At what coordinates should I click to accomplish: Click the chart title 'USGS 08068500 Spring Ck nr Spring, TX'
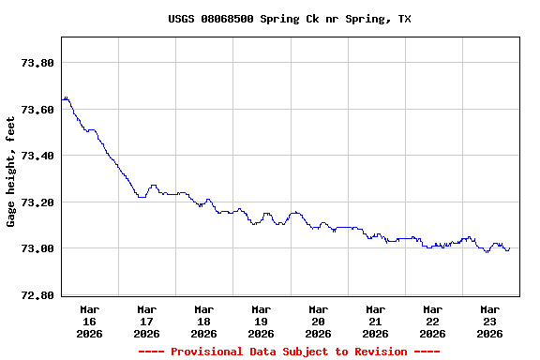pyautogui.click(x=290, y=19)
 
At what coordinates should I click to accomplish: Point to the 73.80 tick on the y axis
pyautogui.click(x=37, y=63)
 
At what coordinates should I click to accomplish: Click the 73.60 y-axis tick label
pyautogui.click(x=37, y=110)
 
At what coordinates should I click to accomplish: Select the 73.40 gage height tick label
pyautogui.click(x=37, y=156)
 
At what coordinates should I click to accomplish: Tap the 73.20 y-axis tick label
pyautogui.click(x=37, y=202)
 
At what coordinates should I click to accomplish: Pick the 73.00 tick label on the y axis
pyautogui.click(x=37, y=248)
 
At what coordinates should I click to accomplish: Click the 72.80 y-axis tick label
pyautogui.click(x=37, y=295)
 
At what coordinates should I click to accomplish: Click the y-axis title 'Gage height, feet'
pyautogui.click(x=11, y=172)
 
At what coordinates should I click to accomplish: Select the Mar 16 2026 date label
pyautogui.click(x=90, y=321)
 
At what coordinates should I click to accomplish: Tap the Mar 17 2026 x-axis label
pyautogui.click(x=147, y=321)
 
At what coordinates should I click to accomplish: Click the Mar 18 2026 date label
pyautogui.click(x=204, y=321)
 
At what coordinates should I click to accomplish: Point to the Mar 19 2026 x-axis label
pyautogui.click(x=262, y=321)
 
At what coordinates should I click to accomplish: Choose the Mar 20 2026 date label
pyautogui.click(x=319, y=321)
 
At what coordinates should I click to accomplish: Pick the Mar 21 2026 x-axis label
pyautogui.click(x=376, y=321)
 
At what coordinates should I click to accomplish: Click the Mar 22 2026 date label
pyautogui.click(x=433, y=321)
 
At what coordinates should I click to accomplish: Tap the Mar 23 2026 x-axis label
pyautogui.click(x=490, y=321)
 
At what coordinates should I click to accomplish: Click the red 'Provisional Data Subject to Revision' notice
pyautogui.click(x=289, y=352)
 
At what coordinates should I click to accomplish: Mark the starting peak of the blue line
pyautogui.click(x=65, y=97)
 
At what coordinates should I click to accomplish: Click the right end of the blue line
pyautogui.click(x=509, y=248)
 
